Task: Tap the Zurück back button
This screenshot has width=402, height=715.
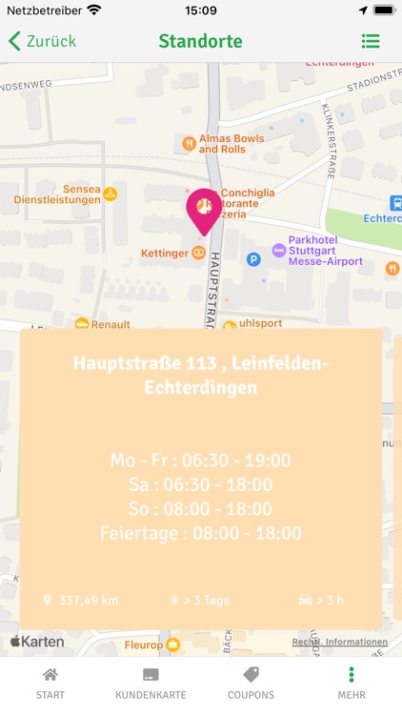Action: [x=42, y=41]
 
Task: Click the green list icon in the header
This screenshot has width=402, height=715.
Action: [x=371, y=41]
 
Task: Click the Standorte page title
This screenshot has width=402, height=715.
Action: [x=200, y=41]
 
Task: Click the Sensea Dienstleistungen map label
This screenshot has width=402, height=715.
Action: [x=57, y=194]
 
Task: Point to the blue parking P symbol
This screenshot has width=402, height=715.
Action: [x=253, y=258]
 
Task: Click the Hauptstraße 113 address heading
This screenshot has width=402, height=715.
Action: [x=200, y=375]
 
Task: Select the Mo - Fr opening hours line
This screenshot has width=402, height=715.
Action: [x=200, y=460]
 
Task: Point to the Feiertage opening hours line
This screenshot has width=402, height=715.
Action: [x=200, y=533]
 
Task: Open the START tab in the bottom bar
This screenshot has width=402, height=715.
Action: [x=50, y=683]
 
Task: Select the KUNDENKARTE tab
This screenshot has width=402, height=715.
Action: [x=151, y=683]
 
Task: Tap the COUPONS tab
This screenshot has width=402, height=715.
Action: [x=251, y=683]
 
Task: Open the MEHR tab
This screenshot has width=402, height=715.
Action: [x=352, y=683]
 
